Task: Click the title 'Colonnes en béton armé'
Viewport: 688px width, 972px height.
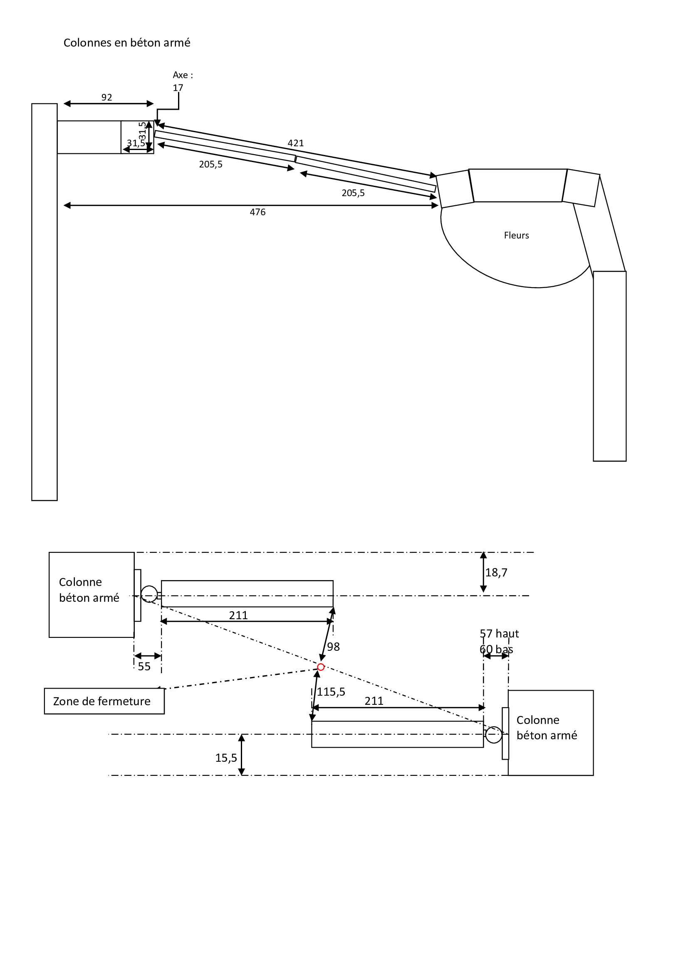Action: [x=127, y=43]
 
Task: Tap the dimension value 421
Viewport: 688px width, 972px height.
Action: [x=296, y=143]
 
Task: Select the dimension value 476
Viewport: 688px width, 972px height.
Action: [x=257, y=212]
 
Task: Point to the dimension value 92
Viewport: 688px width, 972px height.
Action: [x=107, y=97]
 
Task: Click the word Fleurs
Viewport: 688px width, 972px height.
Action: [x=517, y=235]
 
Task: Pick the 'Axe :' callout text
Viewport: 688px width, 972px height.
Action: [x=183, y=75]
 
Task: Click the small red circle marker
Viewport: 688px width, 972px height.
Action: [x=321, y=667]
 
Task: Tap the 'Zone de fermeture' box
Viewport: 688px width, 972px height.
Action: [x=104, y=701]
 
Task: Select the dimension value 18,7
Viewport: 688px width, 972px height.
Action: [x=496, y=572]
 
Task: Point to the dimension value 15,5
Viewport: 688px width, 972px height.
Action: [x=226, y=758]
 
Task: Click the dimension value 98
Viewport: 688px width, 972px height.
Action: [x=334, y=647]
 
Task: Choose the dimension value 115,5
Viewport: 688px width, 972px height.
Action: [x=331, y=692]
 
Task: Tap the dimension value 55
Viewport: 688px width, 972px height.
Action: [x=144, y=666]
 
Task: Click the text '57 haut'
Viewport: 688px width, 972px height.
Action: [x=499, y=633]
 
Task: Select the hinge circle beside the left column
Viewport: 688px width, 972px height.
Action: [x=149, y=594]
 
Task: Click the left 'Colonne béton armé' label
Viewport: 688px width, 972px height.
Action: [x=89, y=590]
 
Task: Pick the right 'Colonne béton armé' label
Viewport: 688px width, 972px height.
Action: [x=547, y=727]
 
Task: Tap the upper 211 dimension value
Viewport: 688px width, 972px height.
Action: [x=238, y=615]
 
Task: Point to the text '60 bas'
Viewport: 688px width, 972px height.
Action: [x=496, y=649]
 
